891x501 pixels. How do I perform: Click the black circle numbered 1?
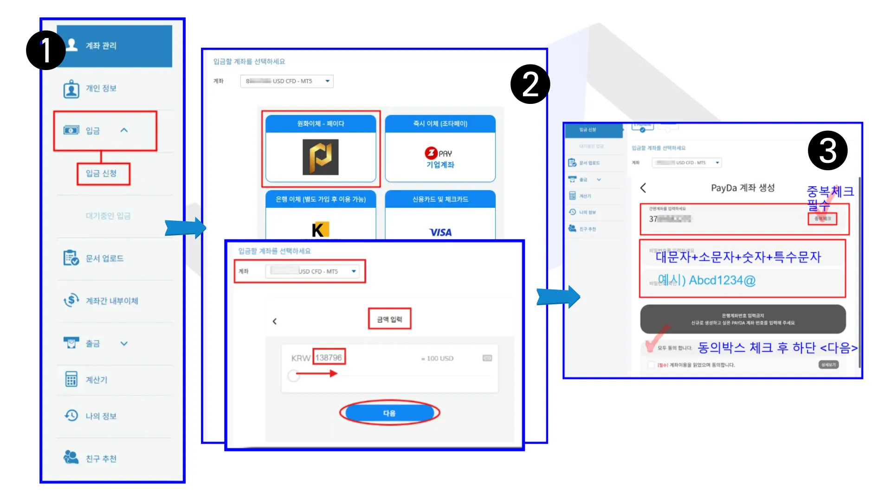coord(45,50)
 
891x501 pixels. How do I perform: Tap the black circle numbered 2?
coord(530,84)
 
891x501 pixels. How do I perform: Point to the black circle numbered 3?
coord(827,151)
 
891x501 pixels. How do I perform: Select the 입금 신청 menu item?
coord(101,173)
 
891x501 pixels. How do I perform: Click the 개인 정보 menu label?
coord(101,88)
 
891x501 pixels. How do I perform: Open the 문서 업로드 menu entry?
coord(104,258)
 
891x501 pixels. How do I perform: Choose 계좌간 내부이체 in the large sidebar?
coord(112,301)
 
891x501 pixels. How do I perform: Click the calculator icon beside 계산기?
coord(71,379)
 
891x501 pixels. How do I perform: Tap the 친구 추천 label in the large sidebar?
coord(101,459)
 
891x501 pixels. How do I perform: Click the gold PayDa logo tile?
coord(321,157)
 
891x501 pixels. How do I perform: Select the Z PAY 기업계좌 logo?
coord(440,158)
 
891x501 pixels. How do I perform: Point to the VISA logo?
coord(440,232)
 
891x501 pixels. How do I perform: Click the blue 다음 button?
coord(389,413)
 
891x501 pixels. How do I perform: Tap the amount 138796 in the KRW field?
coord(329,358)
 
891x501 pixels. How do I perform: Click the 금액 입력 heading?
coord(389,319)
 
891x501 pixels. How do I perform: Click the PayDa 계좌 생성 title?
coord(742,188)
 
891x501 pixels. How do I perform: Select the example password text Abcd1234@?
coord(722,280)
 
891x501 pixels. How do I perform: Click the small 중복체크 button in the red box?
coord(822,218)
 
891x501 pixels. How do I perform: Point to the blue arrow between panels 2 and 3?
coord(558,297)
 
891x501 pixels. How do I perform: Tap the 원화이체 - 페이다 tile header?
coord(321,124)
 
